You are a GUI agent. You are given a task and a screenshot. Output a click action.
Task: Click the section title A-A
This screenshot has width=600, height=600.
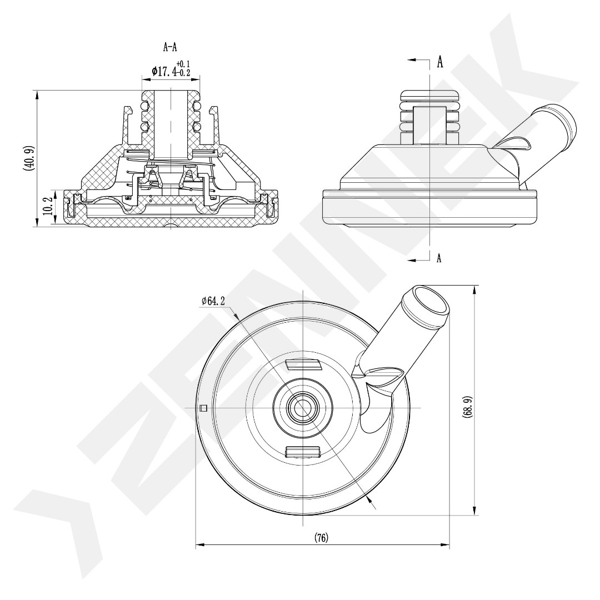point(170,48)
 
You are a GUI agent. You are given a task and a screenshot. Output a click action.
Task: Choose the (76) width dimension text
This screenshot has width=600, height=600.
point(321,538)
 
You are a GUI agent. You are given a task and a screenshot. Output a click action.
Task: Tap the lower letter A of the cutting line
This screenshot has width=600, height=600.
point(439,258)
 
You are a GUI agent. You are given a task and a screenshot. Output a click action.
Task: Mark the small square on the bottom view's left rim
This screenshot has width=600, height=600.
point(203,408)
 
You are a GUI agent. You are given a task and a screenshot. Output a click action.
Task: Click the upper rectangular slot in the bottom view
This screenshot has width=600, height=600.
point(303,365)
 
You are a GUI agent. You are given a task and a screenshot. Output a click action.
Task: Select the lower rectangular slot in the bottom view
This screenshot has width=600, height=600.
point(303,451)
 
